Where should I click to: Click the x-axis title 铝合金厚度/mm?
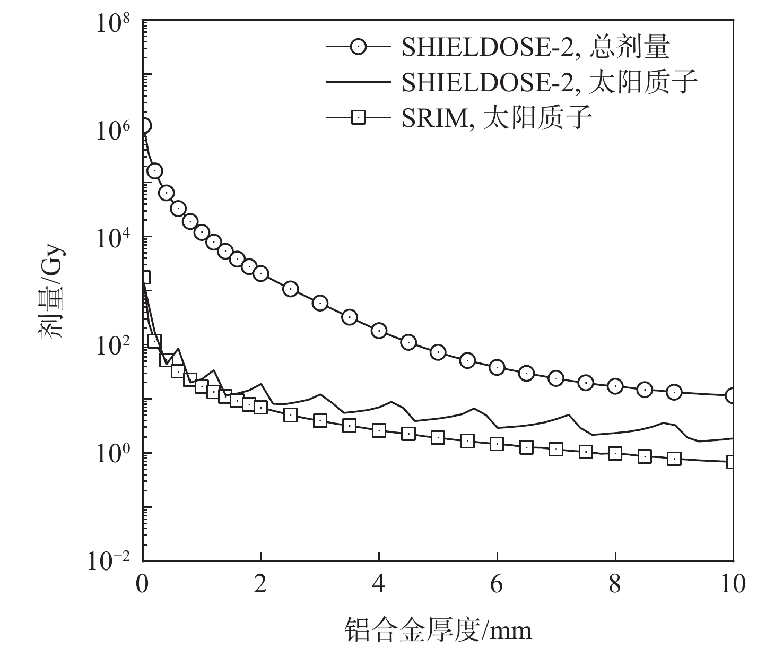[438, 629]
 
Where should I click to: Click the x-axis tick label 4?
[379, 584]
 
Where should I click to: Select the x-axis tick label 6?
[497, 584]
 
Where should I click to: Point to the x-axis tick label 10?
[733, 584]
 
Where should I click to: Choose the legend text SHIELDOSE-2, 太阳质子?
[549, 82]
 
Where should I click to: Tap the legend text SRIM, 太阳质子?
[497, 117]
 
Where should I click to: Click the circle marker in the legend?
[359, 47]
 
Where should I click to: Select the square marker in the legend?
[359, 117]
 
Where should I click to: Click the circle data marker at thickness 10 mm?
[733, 395]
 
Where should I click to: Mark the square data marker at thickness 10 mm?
[733, 462]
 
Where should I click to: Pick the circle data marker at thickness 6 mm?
[497, 367]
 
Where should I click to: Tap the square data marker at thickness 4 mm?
[379, 430]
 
